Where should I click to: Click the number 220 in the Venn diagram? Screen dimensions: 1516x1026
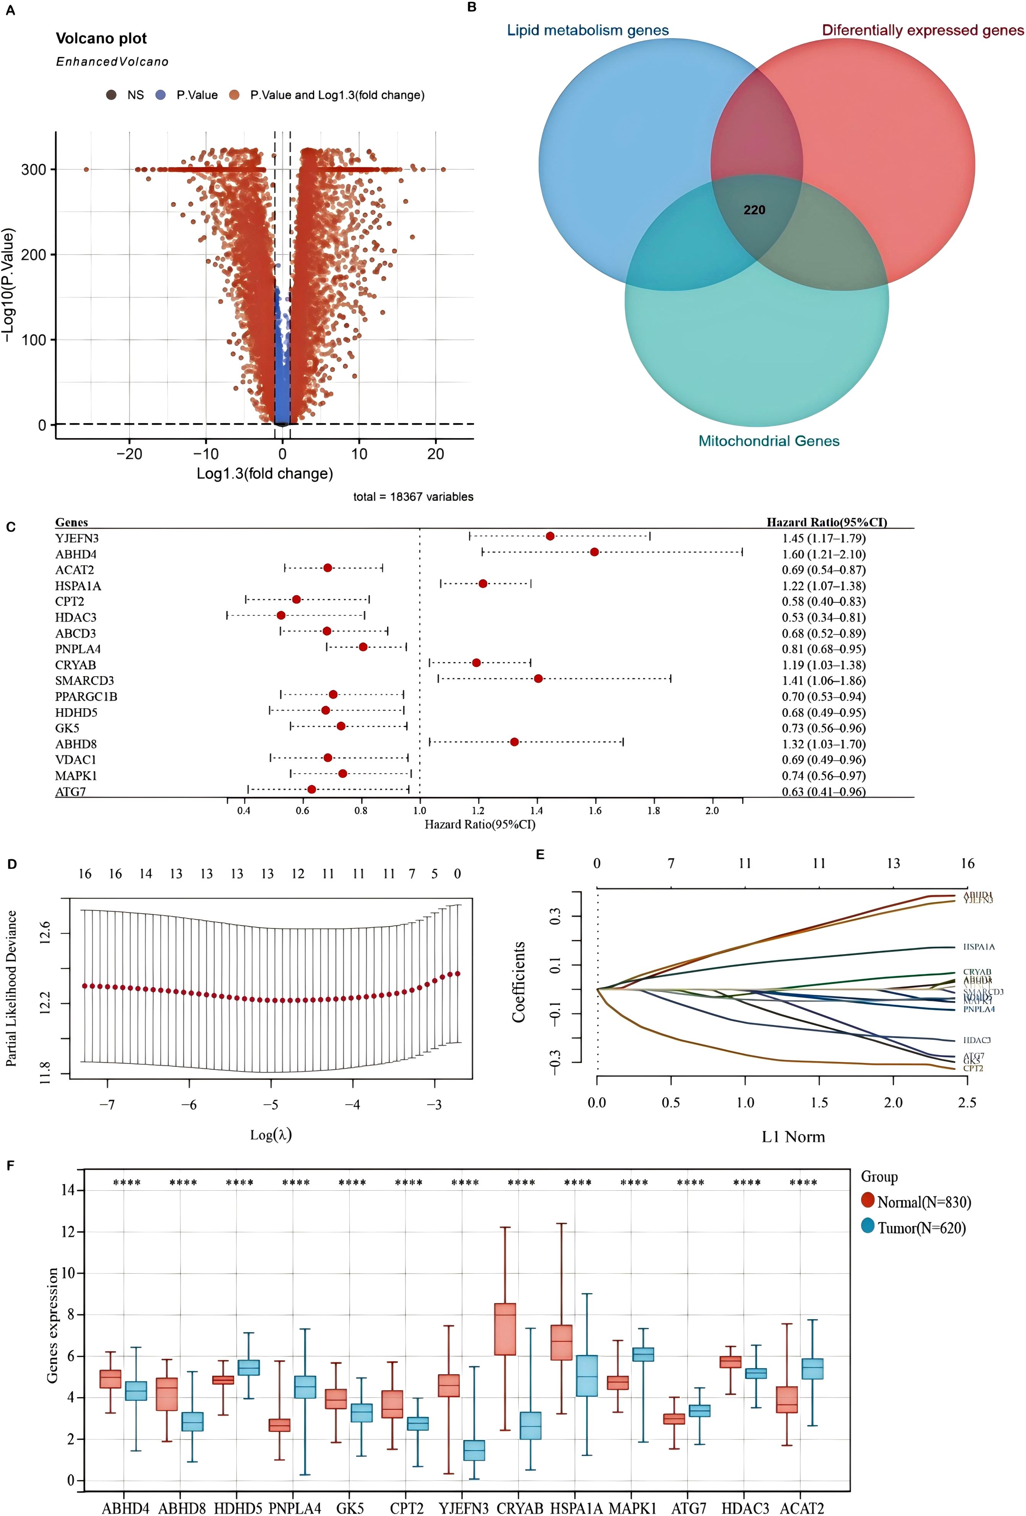pos(754,210)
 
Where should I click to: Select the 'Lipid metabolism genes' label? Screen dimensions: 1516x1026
pos(587,30)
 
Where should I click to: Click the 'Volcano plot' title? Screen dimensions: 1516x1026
pos(101,39)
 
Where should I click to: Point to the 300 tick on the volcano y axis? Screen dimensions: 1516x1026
pos(34,170)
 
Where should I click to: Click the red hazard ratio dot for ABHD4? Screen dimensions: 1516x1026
pos(594,552)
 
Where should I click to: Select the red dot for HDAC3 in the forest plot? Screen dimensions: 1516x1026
pos(281,615)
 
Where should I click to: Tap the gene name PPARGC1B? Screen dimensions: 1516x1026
pos(86,697)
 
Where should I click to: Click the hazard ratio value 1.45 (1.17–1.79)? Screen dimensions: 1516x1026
pos(824,538)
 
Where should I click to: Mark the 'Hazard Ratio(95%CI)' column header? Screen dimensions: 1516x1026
pos(826,522)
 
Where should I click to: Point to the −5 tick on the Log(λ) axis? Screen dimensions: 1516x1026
pos(271,1104)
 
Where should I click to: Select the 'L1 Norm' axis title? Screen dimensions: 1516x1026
pos(793,1137)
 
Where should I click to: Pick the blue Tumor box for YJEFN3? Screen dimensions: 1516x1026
pos(474,1450)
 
